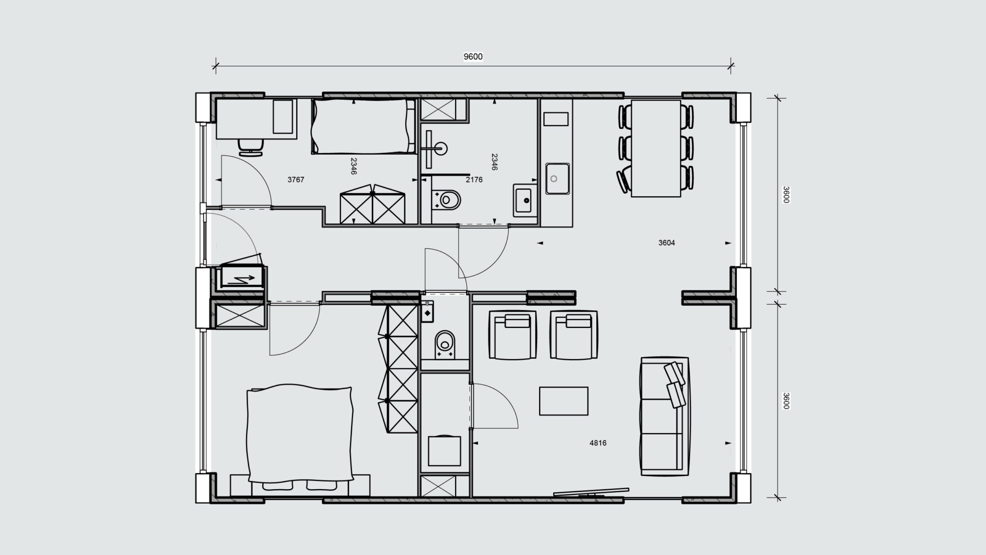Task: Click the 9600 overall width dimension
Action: [x=473, y=57]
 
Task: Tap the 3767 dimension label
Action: [x=296, y=180]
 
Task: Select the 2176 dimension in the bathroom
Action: [x=474, y=180]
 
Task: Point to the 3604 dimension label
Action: [x=667, y=243]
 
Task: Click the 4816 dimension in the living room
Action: [x=598, y=443]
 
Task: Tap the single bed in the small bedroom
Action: [x=364, y=126]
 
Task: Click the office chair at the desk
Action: [x=251, y=146]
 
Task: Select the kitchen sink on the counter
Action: [x=557, y=178]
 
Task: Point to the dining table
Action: [x=656, y=148]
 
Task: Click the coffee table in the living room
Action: [x=563, y=401]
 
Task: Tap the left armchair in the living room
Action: [x=513, y=335]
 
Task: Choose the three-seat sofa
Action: [x=665, y=416]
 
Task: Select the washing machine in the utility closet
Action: [x=444, y=451]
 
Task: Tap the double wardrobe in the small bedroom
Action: [x=372, y=205]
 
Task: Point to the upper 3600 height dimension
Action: [x=785, y=195]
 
